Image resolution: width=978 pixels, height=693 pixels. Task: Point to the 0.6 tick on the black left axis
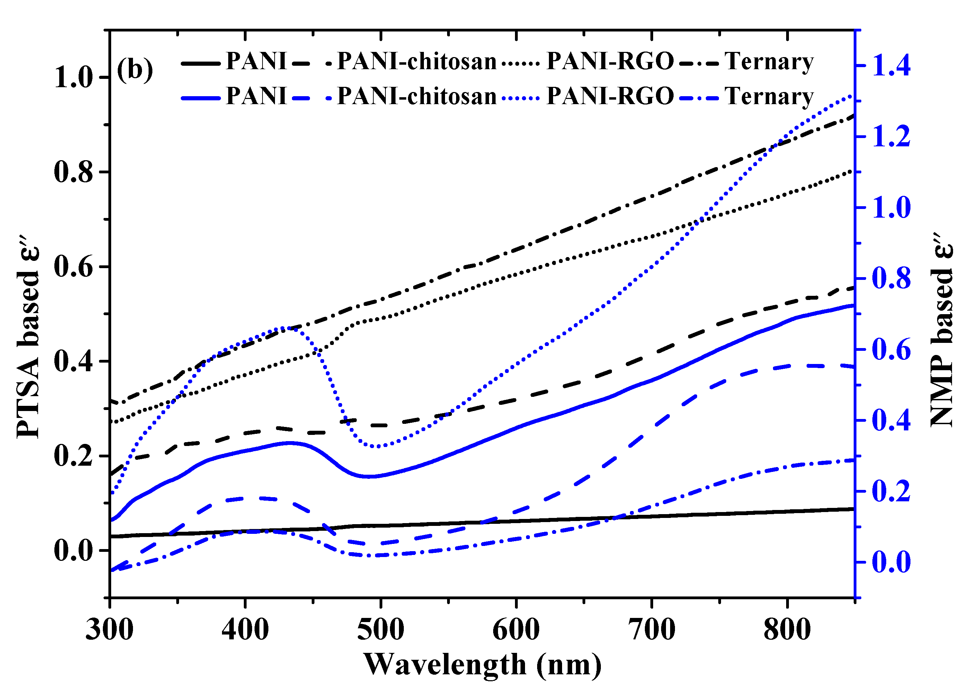click(x=73, y=267)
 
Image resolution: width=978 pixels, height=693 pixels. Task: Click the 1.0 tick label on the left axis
click(x=73, y=77)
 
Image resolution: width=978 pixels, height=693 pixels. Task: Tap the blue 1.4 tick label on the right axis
click(x=891, y=66)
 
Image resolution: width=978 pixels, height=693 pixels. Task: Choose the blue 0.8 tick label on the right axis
click(x=891, y=278)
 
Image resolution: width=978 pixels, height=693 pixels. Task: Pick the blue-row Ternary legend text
click(x=769, y=96)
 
